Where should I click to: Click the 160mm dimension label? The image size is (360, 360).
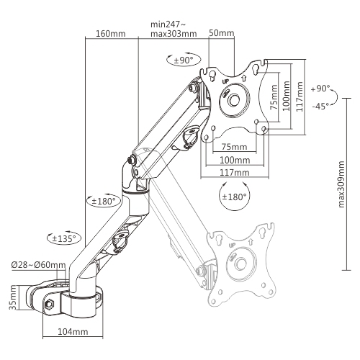[x=111, y=34]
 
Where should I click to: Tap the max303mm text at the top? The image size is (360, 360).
[x=174, y=34]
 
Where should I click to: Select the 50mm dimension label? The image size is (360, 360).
[x=221, y=32]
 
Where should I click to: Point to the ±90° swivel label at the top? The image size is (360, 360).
[x=184, y=60]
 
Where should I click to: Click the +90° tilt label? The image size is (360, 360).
[x=320, y=89]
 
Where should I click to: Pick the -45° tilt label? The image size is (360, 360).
[x=320, y=106]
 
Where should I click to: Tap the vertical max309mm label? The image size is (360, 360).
[x=341, y=184]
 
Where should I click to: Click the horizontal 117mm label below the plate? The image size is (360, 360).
[x=235, y=172]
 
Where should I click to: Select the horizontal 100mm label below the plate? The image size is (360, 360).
[x=235, y=160]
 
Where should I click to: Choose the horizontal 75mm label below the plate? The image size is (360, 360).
[x=234, y=147]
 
